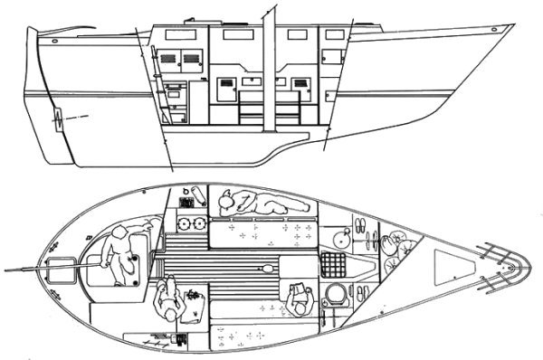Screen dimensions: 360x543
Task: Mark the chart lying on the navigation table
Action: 194,296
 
